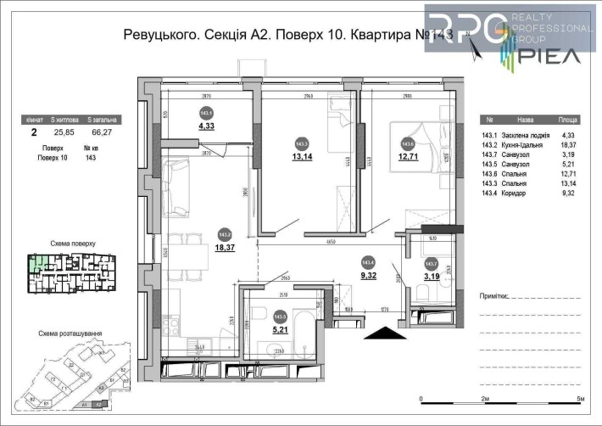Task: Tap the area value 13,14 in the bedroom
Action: click(x=303, y=156)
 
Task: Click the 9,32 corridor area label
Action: click(x=369, y=276)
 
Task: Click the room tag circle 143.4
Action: click(x=369, y=263)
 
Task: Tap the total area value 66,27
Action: click(x=103, y=132)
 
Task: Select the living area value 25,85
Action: click(x=64, y=132)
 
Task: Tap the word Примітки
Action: click(x=493, y=296)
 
